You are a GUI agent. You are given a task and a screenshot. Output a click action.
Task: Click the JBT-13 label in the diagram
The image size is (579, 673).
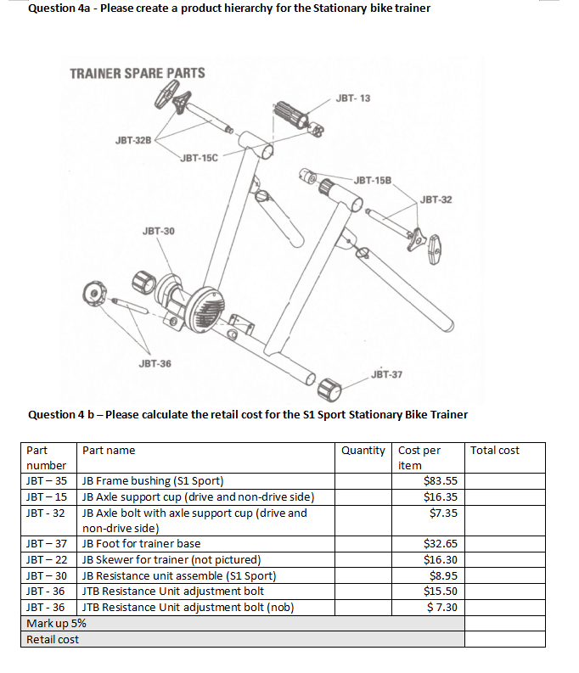coord(352,98)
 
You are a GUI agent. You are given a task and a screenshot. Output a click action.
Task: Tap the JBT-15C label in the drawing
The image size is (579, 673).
coord(200,157)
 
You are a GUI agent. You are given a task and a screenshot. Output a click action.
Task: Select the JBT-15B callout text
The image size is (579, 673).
coord(373,181)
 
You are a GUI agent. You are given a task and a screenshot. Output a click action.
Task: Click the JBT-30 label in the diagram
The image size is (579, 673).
coord(159,230)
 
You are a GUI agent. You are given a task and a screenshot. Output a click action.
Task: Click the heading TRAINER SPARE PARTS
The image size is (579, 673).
coord(137,73)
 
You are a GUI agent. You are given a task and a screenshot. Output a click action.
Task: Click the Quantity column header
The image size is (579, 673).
coord(363,450)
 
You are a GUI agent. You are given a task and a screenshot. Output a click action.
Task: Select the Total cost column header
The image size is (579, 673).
coord(494,450)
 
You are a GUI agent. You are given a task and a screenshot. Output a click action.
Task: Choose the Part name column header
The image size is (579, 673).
coord(109,450)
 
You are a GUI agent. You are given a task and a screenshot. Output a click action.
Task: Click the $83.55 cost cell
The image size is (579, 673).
coord(440,481)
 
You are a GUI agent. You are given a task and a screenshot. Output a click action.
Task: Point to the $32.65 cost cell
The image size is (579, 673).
coord(440,543)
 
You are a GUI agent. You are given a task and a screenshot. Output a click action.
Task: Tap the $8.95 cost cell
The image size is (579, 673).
coord(443,575)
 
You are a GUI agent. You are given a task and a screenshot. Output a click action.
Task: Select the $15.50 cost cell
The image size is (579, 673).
coord(440,591)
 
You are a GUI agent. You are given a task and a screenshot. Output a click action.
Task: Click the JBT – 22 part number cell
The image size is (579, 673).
coord(48,559)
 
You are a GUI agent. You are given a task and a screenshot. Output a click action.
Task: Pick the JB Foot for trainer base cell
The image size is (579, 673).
coord(141,543)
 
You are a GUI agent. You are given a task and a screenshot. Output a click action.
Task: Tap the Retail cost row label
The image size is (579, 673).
coord(53,639)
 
